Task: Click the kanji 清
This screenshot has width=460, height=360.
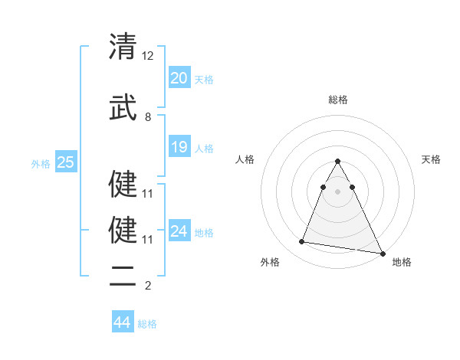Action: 123,47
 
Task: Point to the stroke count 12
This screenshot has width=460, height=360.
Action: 148,56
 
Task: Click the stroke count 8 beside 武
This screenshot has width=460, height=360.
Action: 148,116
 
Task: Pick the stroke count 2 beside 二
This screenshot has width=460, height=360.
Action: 148,286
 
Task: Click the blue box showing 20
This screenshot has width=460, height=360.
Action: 179,77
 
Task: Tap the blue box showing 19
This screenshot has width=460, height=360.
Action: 179,147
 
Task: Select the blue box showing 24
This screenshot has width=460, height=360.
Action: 179,231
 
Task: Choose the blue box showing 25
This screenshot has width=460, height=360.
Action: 65,162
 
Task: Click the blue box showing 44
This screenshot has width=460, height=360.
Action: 122,322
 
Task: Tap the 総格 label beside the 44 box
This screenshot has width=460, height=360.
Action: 147,324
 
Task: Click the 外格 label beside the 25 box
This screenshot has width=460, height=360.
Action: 41,163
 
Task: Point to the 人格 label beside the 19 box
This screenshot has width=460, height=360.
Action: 204,149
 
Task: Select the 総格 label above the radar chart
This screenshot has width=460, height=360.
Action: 337,100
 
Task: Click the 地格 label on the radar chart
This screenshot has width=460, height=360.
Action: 402,262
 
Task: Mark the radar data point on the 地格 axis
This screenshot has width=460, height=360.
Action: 383,254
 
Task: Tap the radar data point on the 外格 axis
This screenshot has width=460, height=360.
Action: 302,242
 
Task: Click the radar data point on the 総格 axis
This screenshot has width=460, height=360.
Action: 337,162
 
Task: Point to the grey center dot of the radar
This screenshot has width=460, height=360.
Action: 337,201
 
